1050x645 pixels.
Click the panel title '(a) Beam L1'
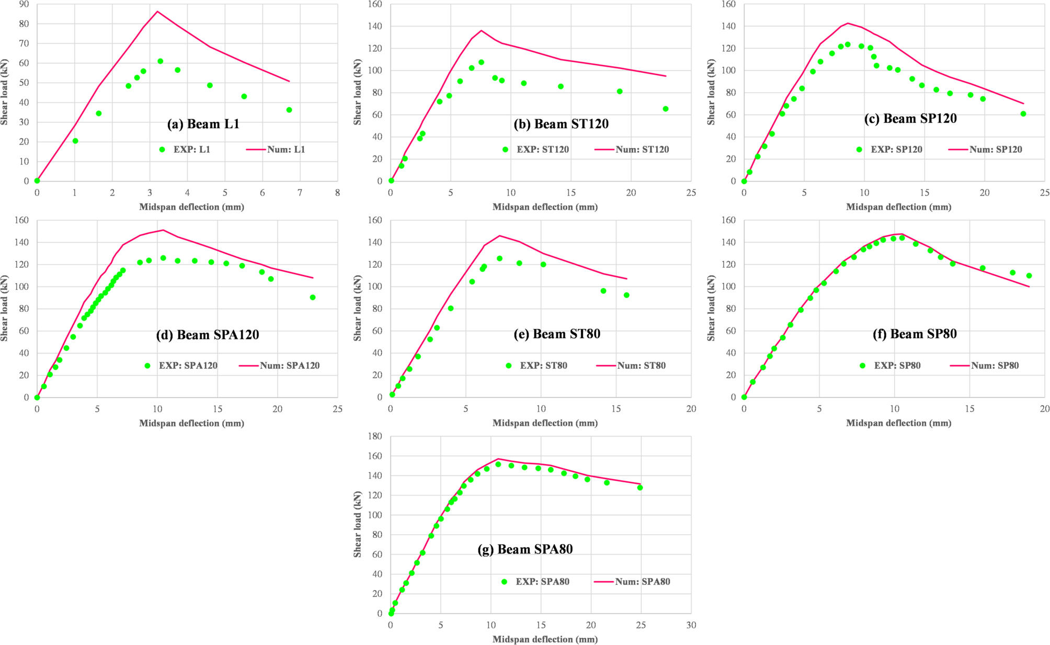click(x=203, y=124)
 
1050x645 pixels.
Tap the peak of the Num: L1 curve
click(x=157, y=12)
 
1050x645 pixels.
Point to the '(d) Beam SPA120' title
click(x=207, y=335)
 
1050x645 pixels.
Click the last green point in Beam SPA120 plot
click(x=313, y=297)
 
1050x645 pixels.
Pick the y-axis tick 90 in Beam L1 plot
click(x=24, y=4)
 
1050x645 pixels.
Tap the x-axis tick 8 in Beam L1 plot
click(x=337, y=193)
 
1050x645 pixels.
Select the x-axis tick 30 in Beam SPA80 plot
click(x=691, y=625)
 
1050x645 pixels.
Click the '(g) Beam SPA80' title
click(x=525, y=549)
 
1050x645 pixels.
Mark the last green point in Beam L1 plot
click(x=289, y=110)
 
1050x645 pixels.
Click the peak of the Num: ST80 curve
click(x=499, y=235)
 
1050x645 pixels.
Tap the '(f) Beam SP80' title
click(x=915, y=334)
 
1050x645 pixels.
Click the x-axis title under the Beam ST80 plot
click(x=545, y=423)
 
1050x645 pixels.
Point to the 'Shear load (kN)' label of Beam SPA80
click(x=358, y=524)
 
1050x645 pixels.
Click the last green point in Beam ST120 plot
click(x=666, y=109)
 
